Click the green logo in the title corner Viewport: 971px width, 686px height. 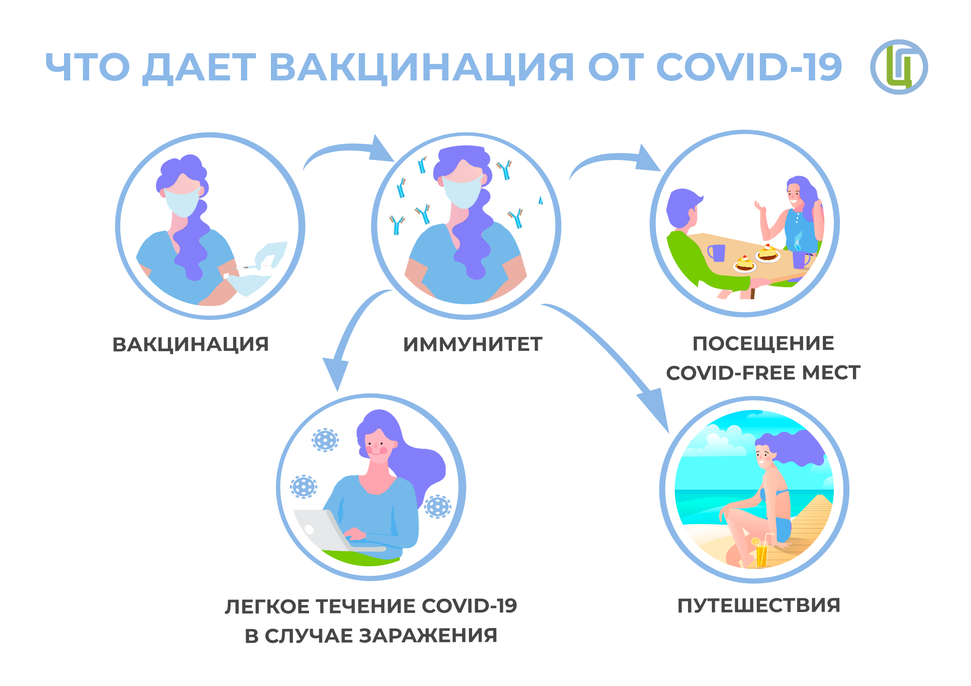[899, 67]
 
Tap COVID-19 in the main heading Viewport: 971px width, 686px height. [749, 67]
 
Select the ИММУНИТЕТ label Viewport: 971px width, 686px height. [473, 345]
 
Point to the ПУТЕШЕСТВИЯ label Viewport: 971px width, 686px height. [759, 606]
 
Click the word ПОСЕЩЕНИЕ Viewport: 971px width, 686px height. [763, 344]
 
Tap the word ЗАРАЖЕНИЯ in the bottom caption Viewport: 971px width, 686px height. [428, 636]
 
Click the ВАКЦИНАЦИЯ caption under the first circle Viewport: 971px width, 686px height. [191, 345]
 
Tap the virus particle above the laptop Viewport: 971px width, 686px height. [325, 440]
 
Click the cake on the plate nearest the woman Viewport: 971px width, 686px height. [768, 253]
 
